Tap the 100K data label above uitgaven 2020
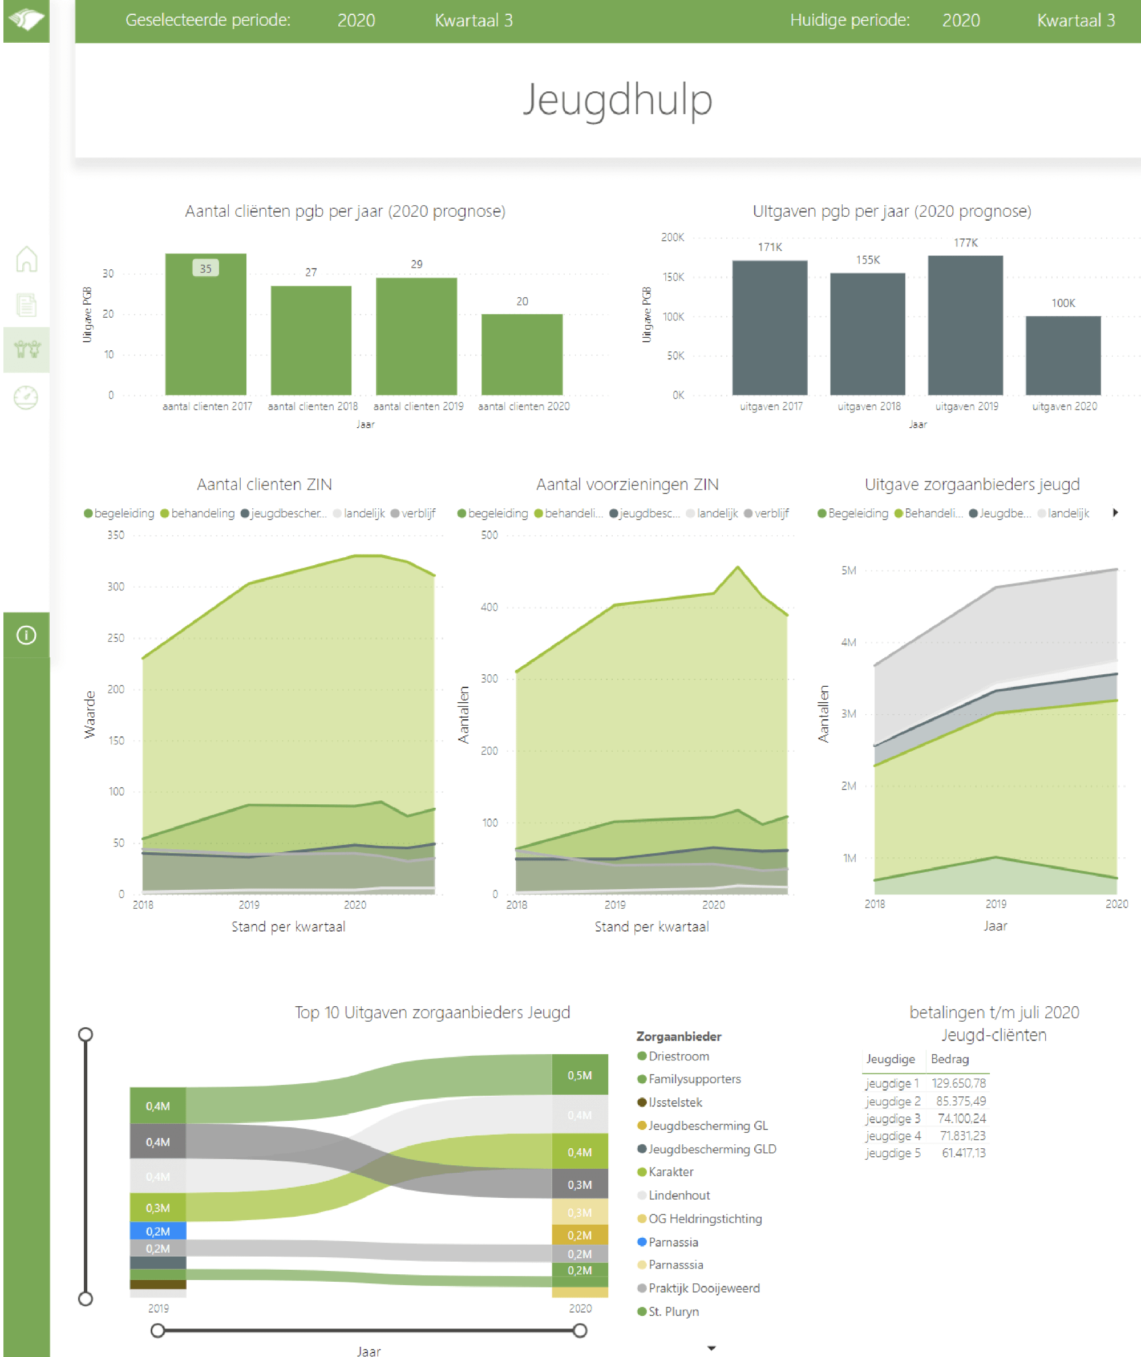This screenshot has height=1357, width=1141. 1063,303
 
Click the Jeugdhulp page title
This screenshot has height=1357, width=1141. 617,100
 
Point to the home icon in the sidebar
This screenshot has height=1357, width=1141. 26,260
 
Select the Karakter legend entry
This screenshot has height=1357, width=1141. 670,1172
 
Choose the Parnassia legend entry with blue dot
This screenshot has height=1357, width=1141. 673,1242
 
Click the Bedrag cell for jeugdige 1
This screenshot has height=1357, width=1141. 958,1083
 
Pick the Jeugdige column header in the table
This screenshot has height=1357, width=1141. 891,1059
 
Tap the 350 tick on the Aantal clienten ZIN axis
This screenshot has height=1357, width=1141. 116,535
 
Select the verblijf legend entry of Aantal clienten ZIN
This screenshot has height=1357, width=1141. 418,513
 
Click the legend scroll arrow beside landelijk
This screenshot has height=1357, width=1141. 1115,513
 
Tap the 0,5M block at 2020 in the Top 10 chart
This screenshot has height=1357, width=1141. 580,1075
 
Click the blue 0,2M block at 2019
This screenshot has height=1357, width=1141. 158,1231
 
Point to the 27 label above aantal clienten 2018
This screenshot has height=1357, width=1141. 311,272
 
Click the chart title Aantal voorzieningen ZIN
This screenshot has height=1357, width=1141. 627,484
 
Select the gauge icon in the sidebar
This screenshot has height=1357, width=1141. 26,397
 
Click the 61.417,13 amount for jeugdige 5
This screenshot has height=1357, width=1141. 963,1153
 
